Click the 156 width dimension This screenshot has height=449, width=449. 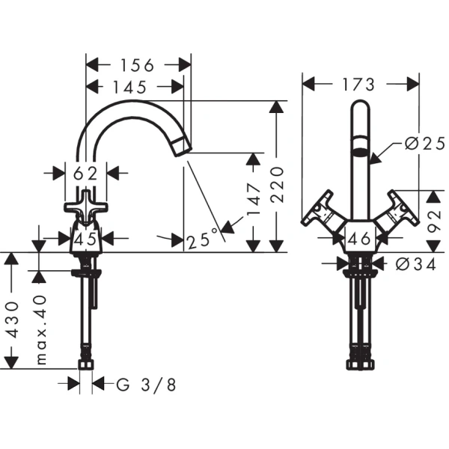pyautogui.click(x=138, y=65)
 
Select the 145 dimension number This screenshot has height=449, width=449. pyautogui.click(x=130, y=87)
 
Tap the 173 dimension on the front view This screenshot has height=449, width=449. pyautogui.click(x=358, y=85)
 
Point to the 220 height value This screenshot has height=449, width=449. pyautogui.click(x=277, y=185)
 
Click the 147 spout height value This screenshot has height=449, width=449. pyautogui.click(x=254, y=200)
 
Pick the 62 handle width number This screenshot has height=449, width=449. pyautogui.click(x=85, y=174)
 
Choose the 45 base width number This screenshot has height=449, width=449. pyautogui.click(x=85, y=239)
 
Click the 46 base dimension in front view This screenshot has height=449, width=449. pyautogui.click(x=360, y=238)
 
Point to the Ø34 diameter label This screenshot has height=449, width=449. pyautogui.click(x=416, y=264)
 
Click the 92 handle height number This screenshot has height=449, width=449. pyautogui.click(x=434, y=222)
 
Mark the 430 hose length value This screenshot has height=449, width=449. pyautogui.click(x=12, y=320)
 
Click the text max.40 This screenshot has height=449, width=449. pyautogui.click(x=41, y=329)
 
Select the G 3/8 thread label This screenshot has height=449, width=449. pyautogui.click(x=146, y=385)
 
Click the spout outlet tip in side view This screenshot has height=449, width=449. pyautogui.click(x=183, y=147)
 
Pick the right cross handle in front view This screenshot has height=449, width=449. pyautogui.click(x=398, y=210)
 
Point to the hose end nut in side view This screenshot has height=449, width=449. pyautogui.click(x=86, y=365)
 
